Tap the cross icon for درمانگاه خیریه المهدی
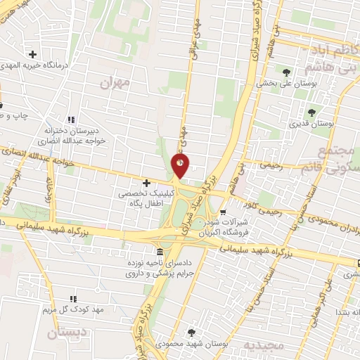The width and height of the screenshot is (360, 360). (x=32, y=54)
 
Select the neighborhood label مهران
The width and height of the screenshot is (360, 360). (x=116, y=83)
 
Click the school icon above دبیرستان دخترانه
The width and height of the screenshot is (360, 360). (x=69, y=119)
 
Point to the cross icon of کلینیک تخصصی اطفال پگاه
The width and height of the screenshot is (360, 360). (x=146, y=183)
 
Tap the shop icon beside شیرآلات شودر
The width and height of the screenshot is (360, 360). (x=223, y=212)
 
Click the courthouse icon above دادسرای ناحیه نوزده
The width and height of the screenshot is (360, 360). (x=160, y=252)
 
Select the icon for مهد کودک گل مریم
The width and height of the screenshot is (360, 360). (x=73, y=299)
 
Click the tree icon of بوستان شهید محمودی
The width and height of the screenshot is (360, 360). (x=191, y=333)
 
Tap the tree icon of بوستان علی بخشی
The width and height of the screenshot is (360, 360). (x=286, y=72)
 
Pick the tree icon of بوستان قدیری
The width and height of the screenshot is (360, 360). (x=311, y=111)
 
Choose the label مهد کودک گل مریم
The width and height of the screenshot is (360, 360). (x=74, y=310)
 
